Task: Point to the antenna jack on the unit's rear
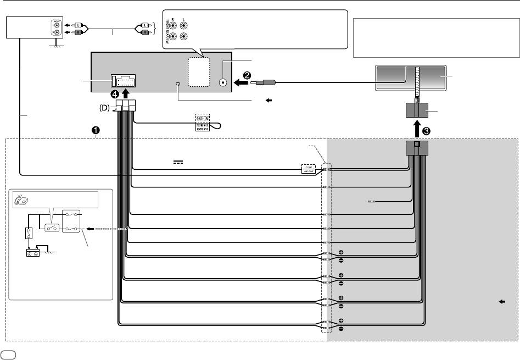(223, 82)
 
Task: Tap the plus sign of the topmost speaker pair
(341, 252)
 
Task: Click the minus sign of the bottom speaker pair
(341, 329)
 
